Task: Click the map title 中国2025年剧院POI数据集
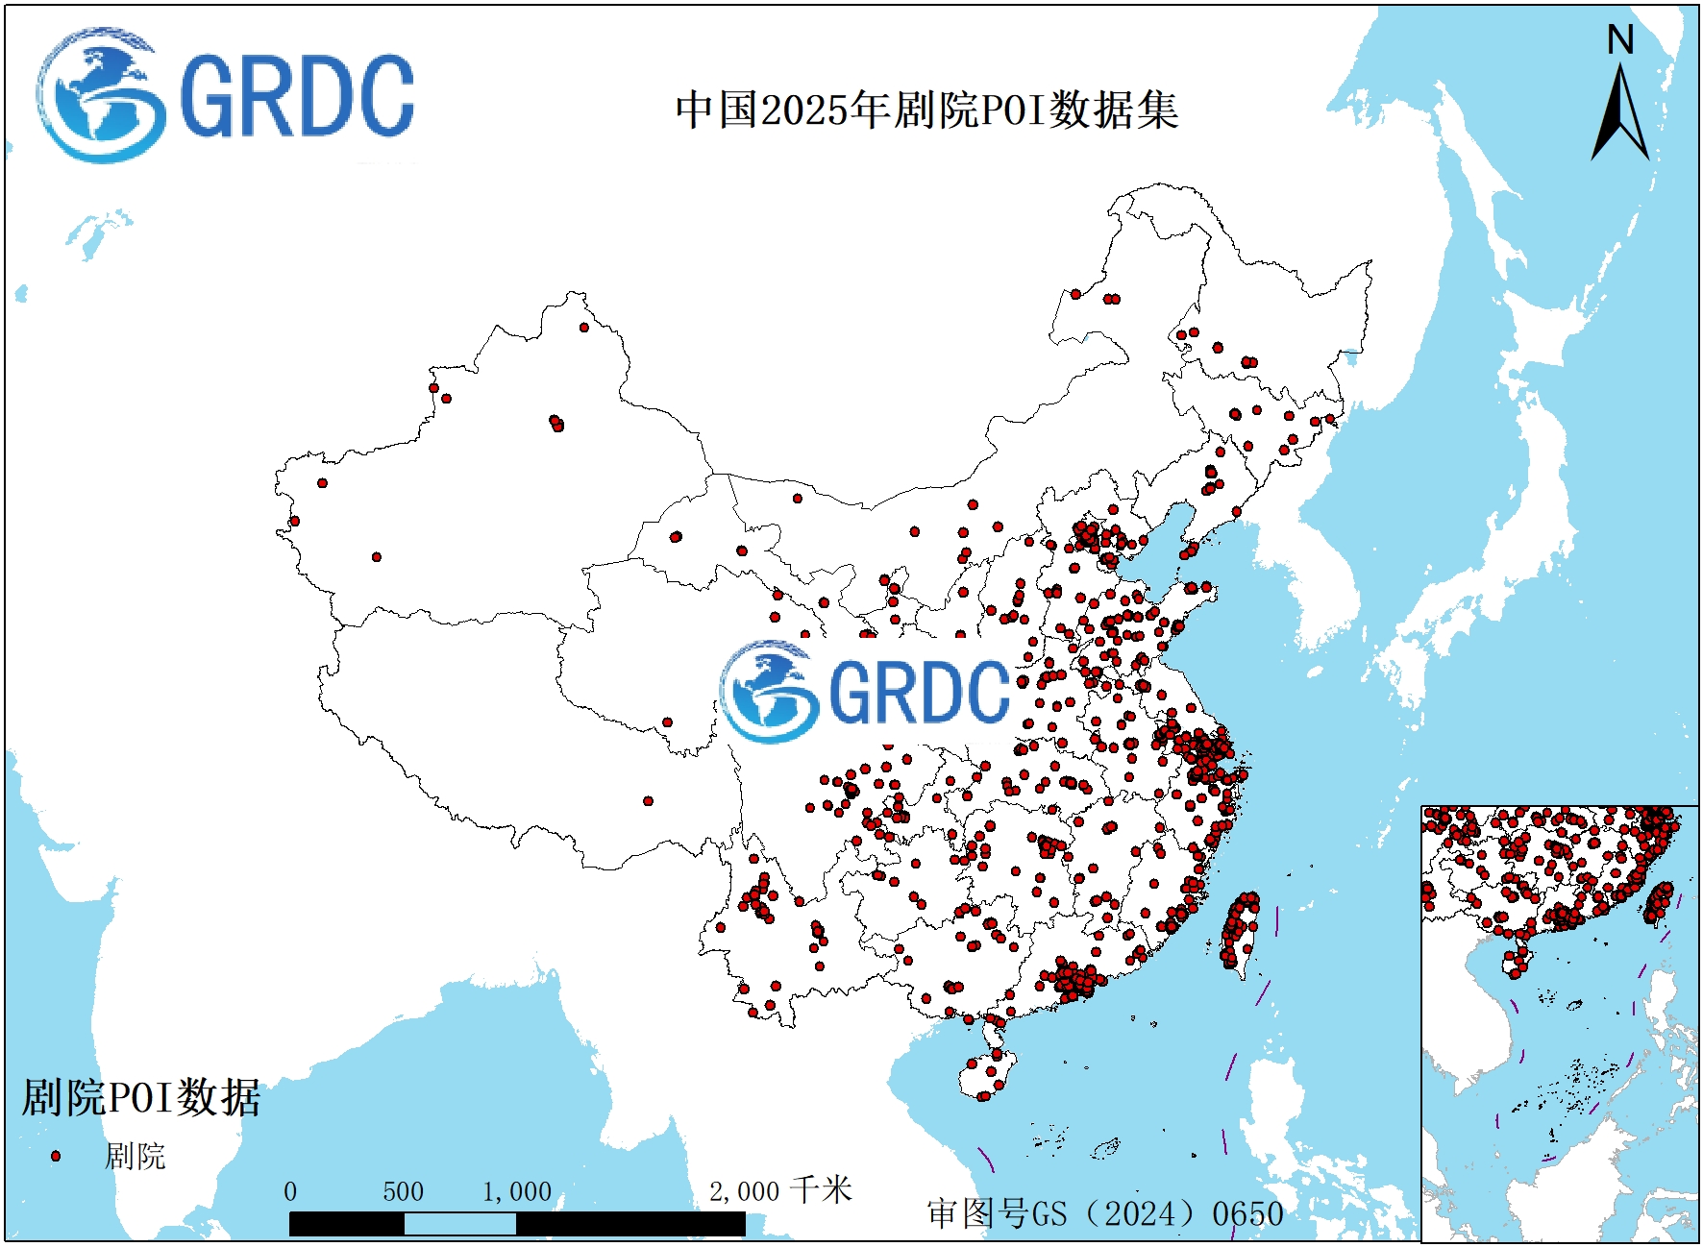pos(926,110)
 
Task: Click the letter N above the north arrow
pos(1620,40)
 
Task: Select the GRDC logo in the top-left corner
pos(226,95)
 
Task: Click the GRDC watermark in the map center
pos(865,690)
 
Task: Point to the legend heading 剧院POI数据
pos(141,1097)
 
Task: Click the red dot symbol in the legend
pos(56,1156)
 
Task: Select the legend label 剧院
pos(135,1156)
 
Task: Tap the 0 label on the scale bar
pos(290,1192)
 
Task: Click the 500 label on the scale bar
pos(403,1192)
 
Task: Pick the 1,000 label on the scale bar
pos(517,1192)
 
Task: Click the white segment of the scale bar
pos(459,1224)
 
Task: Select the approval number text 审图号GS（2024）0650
pos(1105,1213)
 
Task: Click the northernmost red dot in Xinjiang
pos(584,328)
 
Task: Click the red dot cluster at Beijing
pos(1087,534)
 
